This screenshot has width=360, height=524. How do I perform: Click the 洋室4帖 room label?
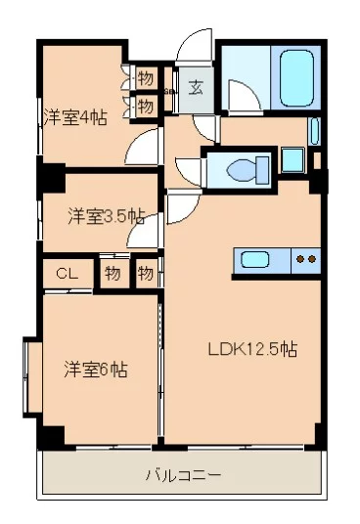74,115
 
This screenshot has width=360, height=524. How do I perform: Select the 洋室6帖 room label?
96,370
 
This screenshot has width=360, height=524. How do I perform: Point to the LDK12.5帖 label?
251,349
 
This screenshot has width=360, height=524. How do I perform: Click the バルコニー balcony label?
183,476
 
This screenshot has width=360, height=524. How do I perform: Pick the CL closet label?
67,274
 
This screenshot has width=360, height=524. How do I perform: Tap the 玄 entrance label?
196,88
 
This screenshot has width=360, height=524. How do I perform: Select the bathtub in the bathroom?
296,73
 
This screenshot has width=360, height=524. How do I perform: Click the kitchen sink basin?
257,260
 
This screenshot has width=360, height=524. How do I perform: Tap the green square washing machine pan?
292,157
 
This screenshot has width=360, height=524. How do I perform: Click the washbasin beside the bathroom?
314,130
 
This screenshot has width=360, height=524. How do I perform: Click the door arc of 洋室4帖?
143,149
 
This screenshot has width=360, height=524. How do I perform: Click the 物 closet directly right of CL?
112,274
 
